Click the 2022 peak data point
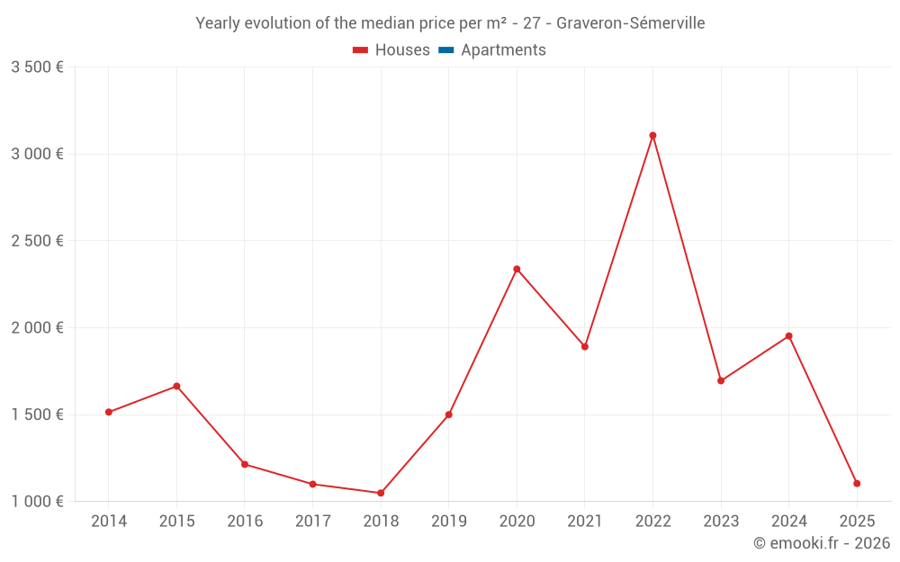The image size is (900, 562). coord(652,136)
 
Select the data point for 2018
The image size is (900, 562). coord(381,493)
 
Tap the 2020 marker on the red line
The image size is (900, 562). coord(517,269)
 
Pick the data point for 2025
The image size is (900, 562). coord(857,484)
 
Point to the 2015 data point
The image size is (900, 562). coord(176,387)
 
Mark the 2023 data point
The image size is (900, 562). coord(721,380)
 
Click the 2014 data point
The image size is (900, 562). coord(108,412)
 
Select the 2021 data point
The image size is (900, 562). coord(585,346)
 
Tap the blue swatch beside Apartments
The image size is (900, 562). coord(445,50)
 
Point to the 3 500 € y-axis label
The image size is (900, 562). coord(37,67)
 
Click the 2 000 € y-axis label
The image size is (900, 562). coord(37,328)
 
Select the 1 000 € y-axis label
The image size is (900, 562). coord(37,502)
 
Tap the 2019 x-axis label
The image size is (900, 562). coord(448,522)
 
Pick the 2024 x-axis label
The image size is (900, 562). coord(788,522)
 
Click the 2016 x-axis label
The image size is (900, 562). coord(245,522)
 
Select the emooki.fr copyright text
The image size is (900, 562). coord(822,543)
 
